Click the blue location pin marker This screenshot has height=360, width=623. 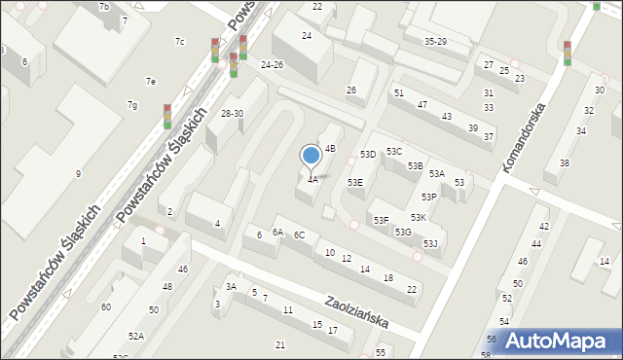[311, 156]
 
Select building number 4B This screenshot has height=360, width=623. [330, 149]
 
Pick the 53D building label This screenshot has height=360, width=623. [368, 155]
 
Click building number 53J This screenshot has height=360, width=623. [430, 243]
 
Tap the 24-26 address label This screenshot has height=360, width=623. [273, 65]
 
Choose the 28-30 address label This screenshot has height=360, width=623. [232, 114]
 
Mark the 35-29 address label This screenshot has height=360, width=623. [435, 42]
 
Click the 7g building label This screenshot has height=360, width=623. [131, 105]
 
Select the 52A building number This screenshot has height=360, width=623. [135, 336]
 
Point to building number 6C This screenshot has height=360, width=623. [300, 235]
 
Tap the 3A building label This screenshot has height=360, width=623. [232, 287]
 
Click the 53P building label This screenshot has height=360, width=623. [428, 198]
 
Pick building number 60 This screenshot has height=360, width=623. [106, 307]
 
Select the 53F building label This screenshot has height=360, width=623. [381, 221]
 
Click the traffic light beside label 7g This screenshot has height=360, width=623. [167, 117]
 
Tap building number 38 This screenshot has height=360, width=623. [564, 163]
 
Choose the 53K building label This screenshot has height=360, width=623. [418, 218]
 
